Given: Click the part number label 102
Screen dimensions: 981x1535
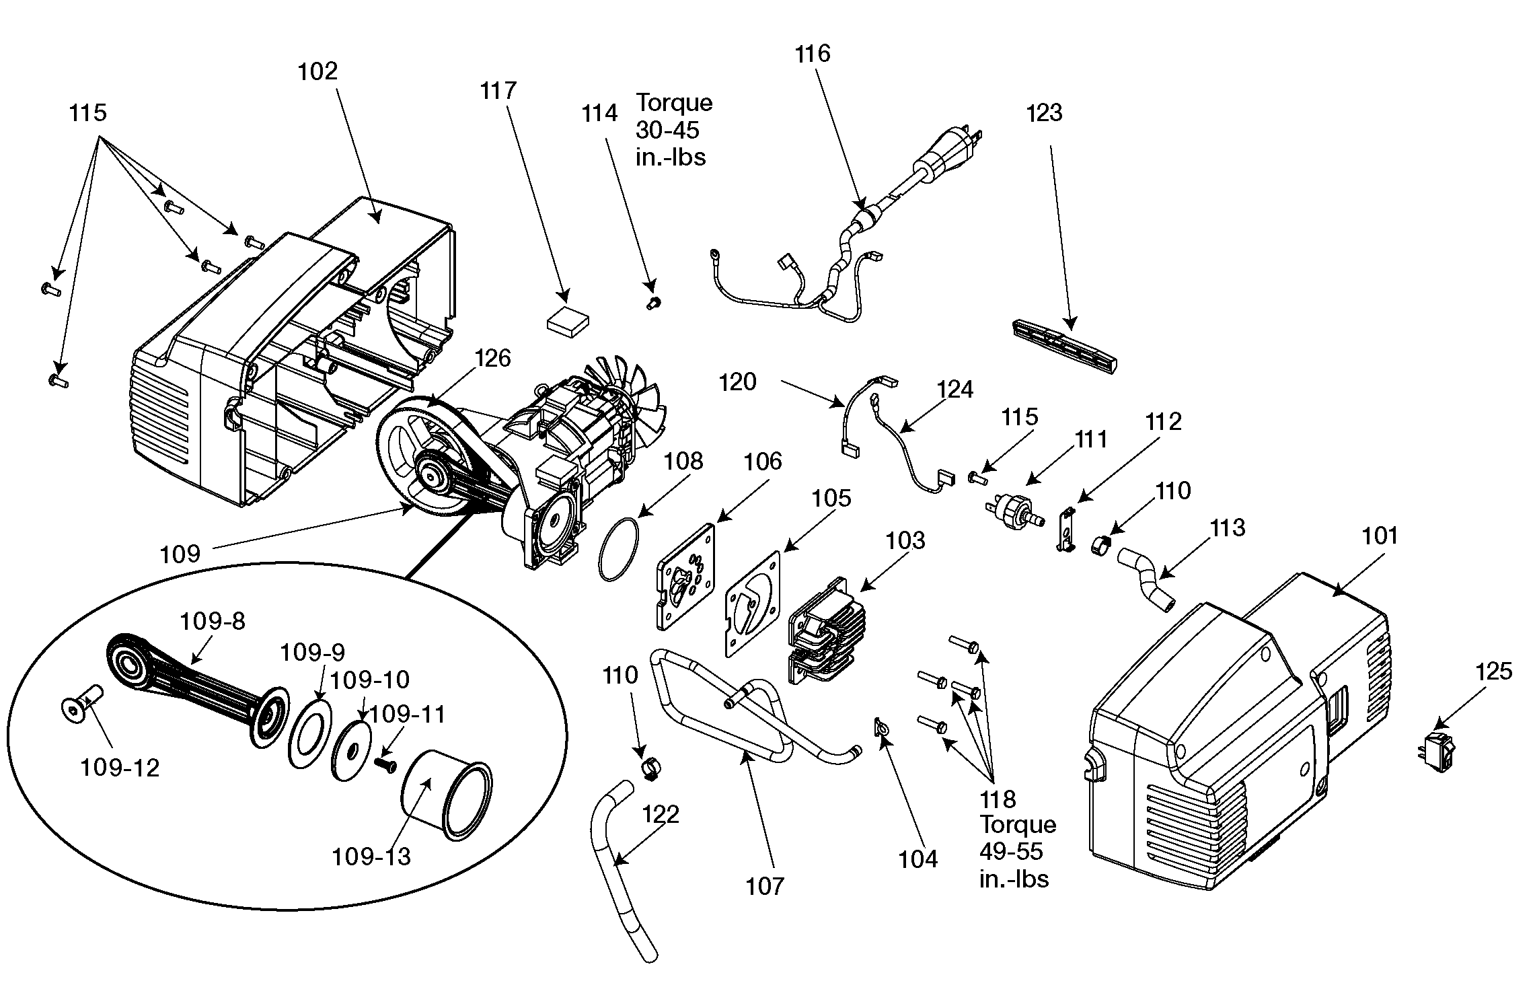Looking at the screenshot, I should pos(317,71).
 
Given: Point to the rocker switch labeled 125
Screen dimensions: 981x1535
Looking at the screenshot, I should pos(1439,754).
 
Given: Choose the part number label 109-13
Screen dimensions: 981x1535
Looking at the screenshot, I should pos(371,857).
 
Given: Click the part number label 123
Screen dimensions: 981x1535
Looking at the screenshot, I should pos(1044,113).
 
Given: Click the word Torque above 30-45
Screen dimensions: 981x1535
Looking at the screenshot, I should pos(674,103).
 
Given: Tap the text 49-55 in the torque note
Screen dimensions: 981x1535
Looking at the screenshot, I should pos(1011,851).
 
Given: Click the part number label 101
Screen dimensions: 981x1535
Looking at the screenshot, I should pos(1380,536).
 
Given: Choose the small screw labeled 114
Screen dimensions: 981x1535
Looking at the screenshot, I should pos(652,303).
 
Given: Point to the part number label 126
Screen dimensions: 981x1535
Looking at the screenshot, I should pos(493,358).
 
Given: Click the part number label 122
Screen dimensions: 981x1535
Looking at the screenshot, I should pos(661,814).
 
